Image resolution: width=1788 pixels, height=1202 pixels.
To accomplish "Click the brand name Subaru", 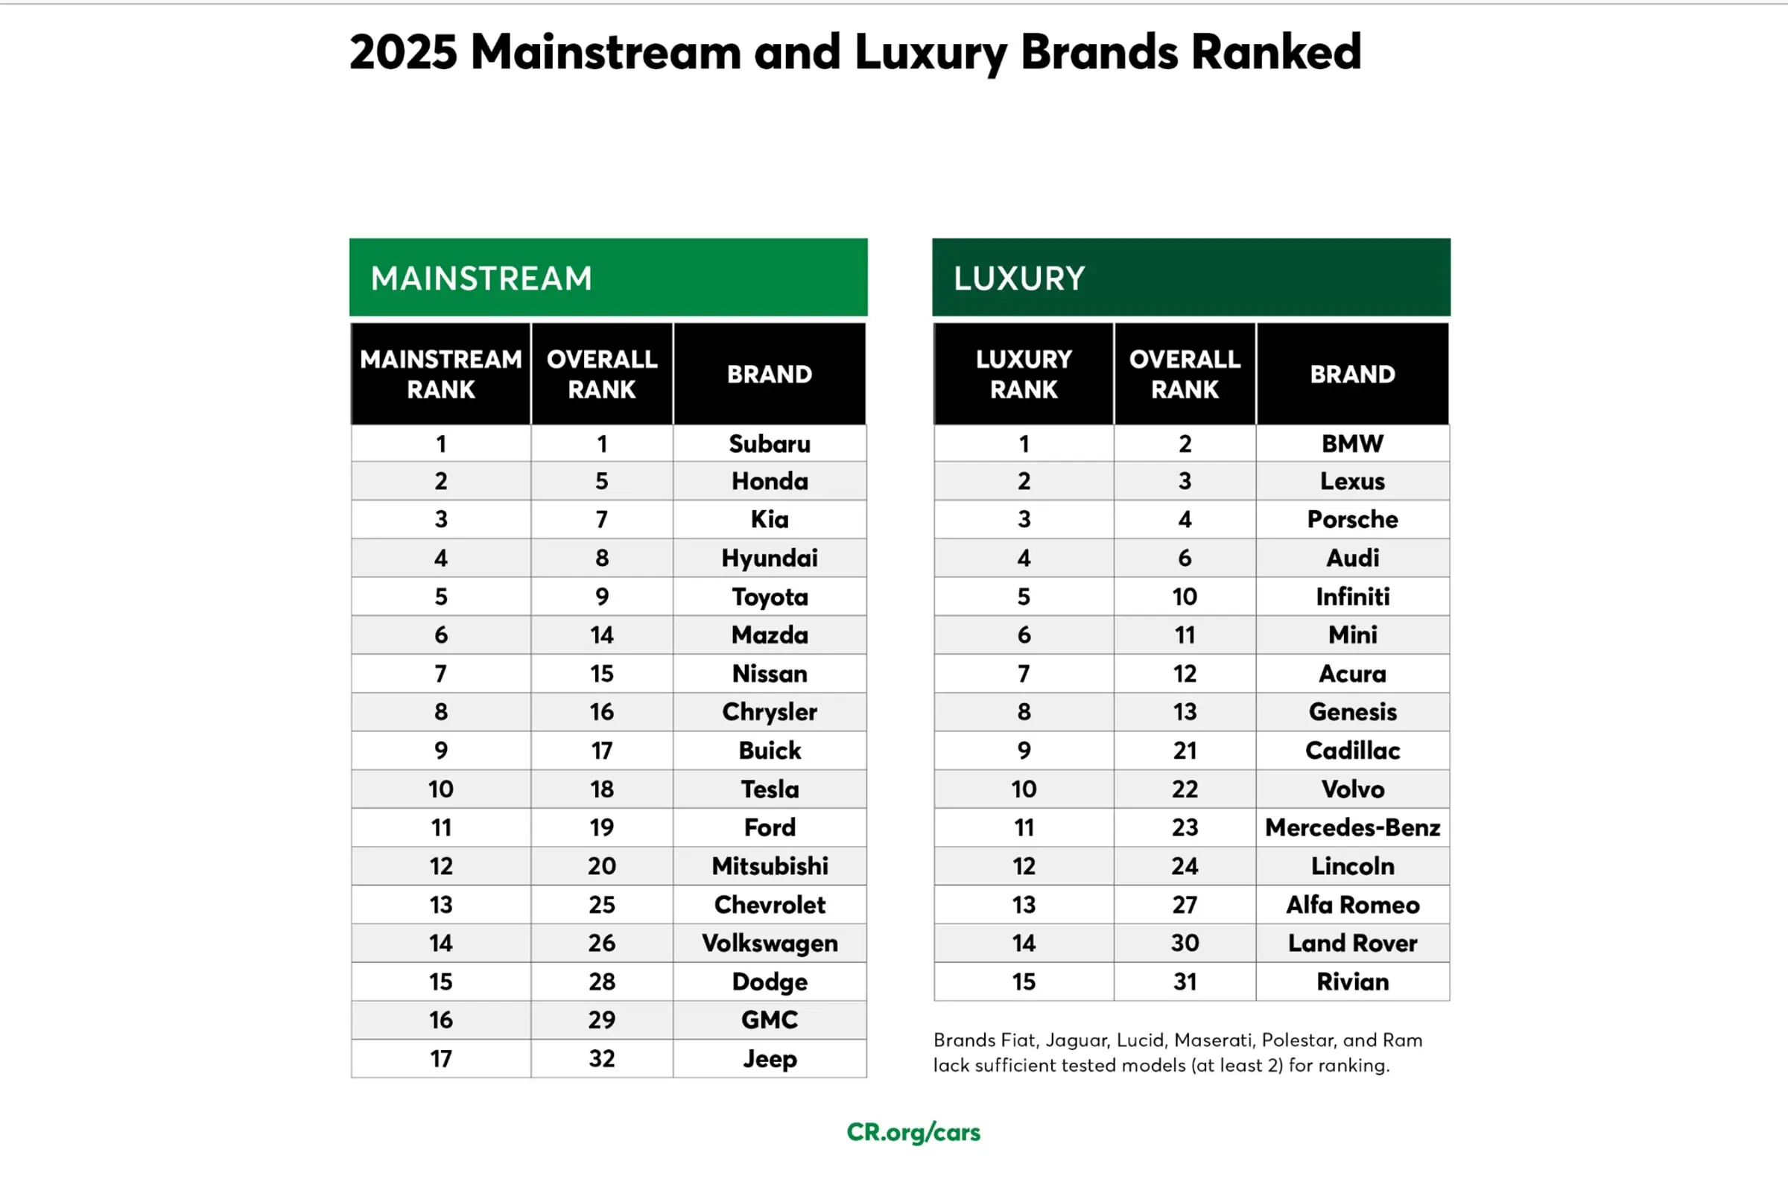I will [769, 443].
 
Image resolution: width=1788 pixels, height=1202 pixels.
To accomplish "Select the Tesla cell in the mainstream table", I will [769, 789].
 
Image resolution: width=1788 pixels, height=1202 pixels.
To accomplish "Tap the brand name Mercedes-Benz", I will [1351, 827].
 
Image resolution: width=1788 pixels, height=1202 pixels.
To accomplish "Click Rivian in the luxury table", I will [1351, 982].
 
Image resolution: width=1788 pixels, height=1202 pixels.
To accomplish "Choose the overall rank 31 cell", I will [1185, 982].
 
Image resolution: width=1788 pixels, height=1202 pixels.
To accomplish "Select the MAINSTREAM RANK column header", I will [441, 374].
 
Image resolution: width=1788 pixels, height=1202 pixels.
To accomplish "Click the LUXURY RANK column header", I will [1024, 374].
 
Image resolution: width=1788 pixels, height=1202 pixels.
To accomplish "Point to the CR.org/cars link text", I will [913, 1132].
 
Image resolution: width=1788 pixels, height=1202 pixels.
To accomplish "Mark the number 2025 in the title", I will [403, 52].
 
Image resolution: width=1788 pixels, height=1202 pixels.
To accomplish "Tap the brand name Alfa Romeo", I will [1351, 905].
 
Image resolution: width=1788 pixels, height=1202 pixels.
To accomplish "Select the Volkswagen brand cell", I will [769, 943].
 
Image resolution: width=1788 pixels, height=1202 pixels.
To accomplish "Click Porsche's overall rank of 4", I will [1185, 519].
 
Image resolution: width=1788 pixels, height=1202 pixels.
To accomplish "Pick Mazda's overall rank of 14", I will [602, 635].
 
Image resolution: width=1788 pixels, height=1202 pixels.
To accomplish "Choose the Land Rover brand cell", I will [1351, 943].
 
